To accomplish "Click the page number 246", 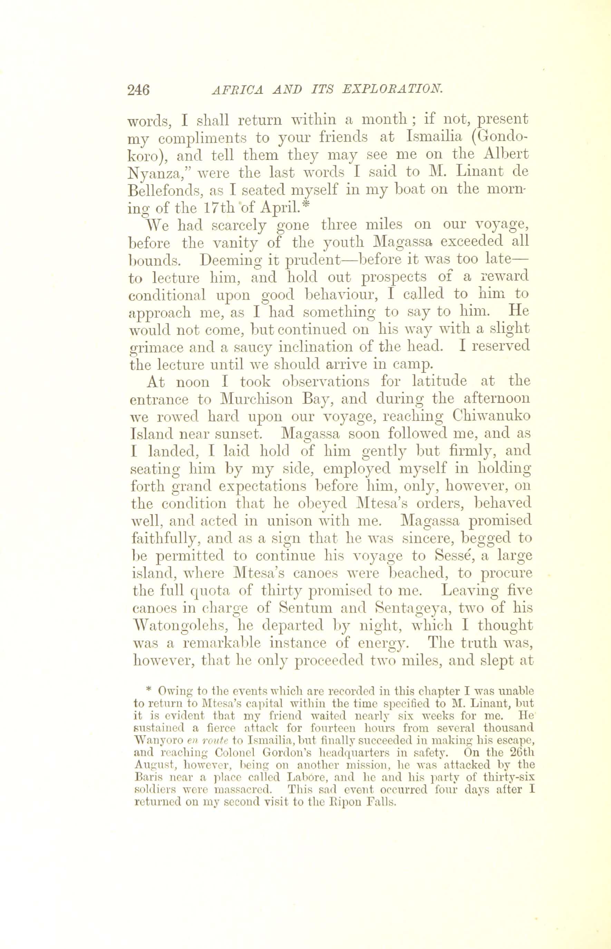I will (x=138, y=90).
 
